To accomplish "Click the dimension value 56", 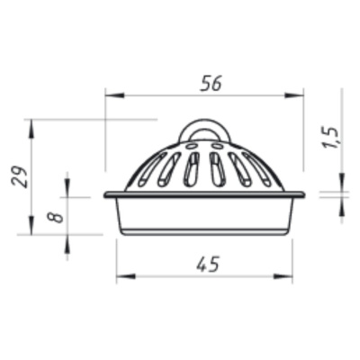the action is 211,83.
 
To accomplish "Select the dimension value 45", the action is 208,264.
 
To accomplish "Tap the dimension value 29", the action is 20,176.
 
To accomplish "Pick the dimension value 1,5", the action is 330,138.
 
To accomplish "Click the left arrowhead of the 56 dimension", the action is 114,95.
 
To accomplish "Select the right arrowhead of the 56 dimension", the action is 294,95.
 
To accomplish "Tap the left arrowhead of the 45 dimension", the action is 126,276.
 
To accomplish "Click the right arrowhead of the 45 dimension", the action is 283,276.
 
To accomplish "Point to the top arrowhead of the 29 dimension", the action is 31,129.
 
